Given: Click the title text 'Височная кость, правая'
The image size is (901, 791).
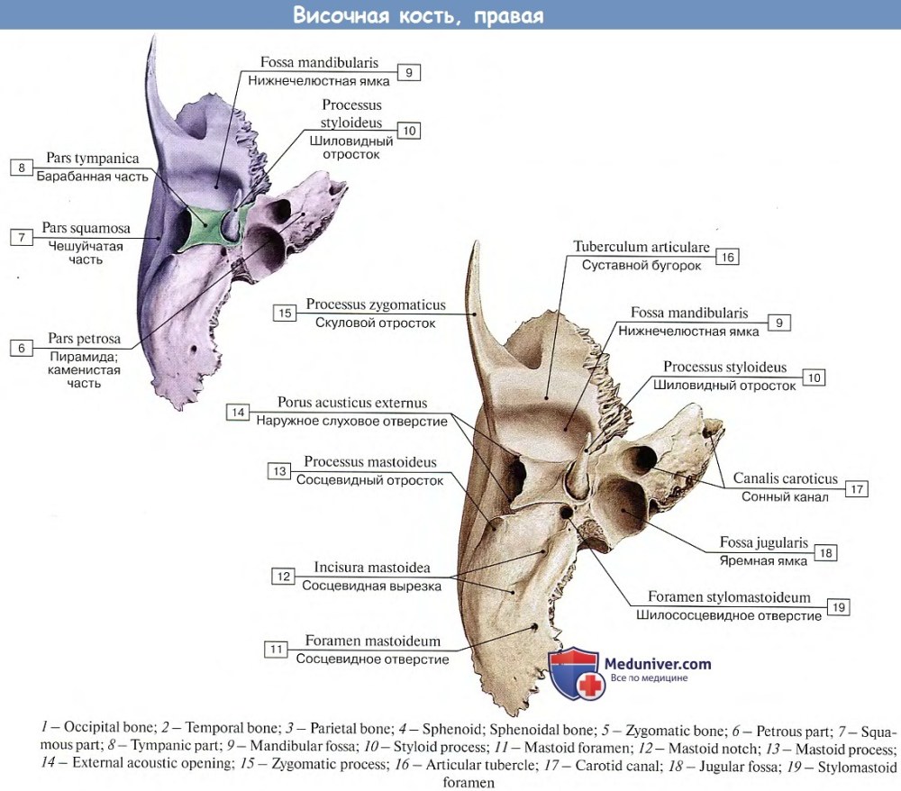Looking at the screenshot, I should tap(419, 16).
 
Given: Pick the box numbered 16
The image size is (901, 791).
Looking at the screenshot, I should tap(727, 257).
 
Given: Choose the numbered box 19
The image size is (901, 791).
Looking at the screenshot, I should tap(839, 607).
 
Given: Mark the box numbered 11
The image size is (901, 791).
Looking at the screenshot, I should tap(276, 649).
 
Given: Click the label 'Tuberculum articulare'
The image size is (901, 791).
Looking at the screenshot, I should tap(642, 247).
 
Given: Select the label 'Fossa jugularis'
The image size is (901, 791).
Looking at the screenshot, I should tap(763, 543).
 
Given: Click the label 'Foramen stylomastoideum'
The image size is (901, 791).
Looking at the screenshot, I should tap(729, 597).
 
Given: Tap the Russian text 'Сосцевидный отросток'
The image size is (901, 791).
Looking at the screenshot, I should tap(369, 480).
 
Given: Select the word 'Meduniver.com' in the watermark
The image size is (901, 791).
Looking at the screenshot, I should tap(659, 664).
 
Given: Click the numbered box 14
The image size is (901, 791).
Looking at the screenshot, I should tap(238, 413).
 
